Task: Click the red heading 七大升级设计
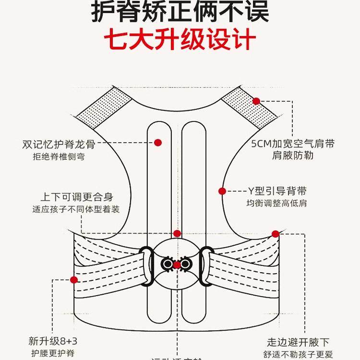[x=180, y=40]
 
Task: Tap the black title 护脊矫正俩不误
[x=180, y=12]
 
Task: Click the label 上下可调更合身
[x=77, y=197]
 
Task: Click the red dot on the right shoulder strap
[x=256, y=101]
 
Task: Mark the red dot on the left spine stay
[x=158, y=143]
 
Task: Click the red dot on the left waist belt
[x=74, y=279]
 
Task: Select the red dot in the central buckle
[x=177, y=264]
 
